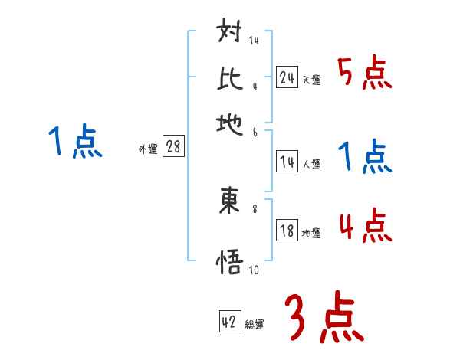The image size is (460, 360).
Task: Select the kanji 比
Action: tap(230, 78)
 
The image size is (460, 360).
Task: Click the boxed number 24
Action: tap(287, 77)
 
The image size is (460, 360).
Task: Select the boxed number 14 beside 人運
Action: tap(287, 162)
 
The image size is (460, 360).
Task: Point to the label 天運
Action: tap(311, 80)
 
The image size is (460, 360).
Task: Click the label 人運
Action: tap(311, 164)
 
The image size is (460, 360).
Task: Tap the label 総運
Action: tap(255, 325)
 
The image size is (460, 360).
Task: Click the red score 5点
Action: tap(364, 74)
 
